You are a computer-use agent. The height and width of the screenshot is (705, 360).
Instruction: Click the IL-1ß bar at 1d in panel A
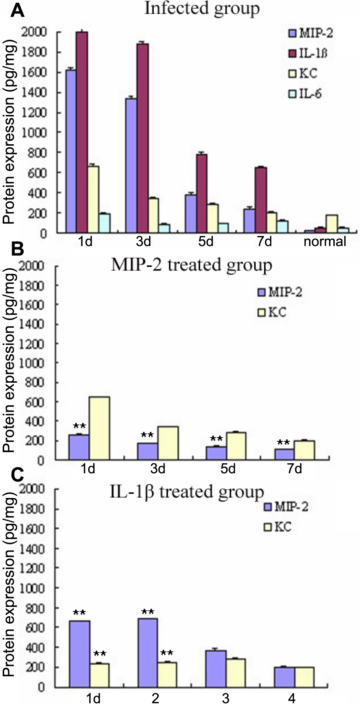[x=82, y=132]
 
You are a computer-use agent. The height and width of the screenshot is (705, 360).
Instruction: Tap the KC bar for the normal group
[x=332, y=224]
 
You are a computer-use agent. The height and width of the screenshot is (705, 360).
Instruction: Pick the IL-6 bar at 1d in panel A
[x=105, y=223]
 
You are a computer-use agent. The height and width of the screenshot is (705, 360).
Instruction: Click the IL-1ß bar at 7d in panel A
[x=261, y=200]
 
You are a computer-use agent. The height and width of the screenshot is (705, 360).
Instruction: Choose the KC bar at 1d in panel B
[x=99, y=428]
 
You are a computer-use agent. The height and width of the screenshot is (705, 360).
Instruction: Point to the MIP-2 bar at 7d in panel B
[x=284, y=454]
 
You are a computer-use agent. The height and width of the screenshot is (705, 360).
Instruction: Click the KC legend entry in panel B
[x=272, y=312]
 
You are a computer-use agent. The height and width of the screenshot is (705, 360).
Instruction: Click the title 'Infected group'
[x=202, y=9]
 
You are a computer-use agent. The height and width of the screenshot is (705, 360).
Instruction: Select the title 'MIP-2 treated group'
[x=191, y=265]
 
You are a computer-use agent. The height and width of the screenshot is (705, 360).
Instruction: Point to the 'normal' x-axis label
[x=325, y=241]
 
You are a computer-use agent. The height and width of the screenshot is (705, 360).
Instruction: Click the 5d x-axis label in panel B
[x=228, y=469]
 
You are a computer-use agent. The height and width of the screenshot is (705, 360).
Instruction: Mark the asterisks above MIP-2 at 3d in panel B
[x=147, y=435]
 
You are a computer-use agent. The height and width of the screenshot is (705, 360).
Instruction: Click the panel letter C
[x=18, y=476]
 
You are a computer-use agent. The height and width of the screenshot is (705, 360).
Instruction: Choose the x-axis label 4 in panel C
[x=292, y=698]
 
